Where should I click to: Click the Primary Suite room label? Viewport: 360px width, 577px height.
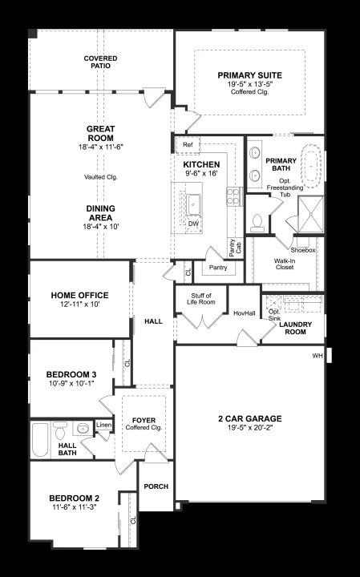[x=249, y=75]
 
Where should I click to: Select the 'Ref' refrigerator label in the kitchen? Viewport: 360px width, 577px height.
[x=188, y=144]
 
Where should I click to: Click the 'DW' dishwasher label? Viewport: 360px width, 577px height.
[x=193, y=224]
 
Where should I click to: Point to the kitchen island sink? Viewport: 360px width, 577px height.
[x=193, y=205]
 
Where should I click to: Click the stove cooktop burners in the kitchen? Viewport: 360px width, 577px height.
[x=233, y=196]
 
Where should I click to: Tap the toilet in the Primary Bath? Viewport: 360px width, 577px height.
[x=257, y=223]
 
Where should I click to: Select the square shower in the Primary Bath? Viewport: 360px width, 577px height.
[x=311, y=214]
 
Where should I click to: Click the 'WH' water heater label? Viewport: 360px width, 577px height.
[x=318, y=356]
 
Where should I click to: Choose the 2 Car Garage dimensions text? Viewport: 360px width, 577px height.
[x=250, y=428]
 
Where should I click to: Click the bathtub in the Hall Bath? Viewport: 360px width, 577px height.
[x=40, y=439]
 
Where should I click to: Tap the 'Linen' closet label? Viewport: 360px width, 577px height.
[x=103, y=425]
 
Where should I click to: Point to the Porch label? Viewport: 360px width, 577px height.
[x=156, y=486]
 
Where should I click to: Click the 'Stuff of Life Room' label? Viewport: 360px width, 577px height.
[x=201, y=299]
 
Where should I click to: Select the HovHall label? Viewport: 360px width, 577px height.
[x=245, y=313]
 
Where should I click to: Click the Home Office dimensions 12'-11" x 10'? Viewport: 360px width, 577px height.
[x=80, y=305]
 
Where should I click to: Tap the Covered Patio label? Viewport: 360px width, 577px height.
[x=100, y=62]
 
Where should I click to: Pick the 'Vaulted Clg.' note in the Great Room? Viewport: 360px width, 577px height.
[x=101, y=177]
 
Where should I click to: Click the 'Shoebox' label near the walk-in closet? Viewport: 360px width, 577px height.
[x=303, y=250]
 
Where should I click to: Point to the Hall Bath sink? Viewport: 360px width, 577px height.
[x=83, y=428]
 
